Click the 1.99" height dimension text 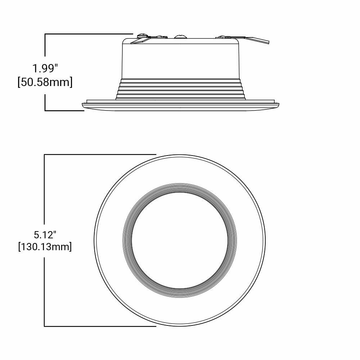pos(45,68)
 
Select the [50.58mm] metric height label pos(45,82)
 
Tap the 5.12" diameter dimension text pos(45,235)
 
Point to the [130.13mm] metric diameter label pos(45,247)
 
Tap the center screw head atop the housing pos(180,36)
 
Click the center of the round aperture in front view pos(180,240)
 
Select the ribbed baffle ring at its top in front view pos(180,188)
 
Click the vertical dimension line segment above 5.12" pos(44,191)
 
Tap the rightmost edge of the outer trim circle pos(265,240)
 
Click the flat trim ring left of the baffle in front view pos(109,240)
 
